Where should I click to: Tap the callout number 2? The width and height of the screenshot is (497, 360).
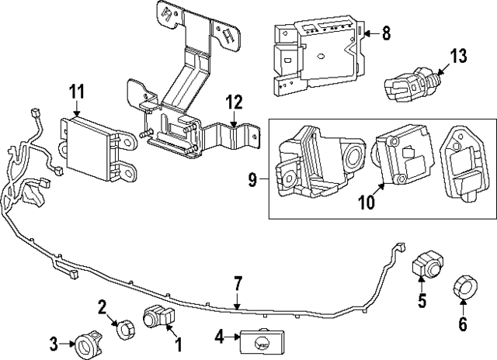coord(102,307)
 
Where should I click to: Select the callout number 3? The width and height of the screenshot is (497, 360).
coord(54,341)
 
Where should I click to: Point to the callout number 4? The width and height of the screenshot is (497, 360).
coord(219,337)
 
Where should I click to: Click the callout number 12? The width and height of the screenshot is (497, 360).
coord(234,102)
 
